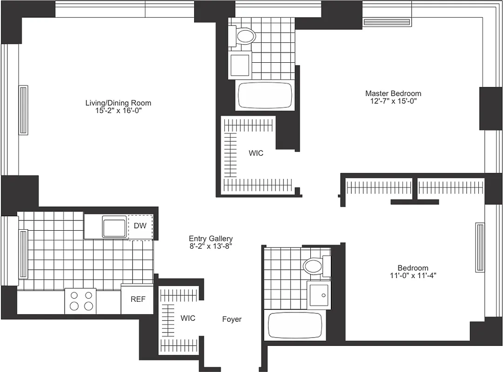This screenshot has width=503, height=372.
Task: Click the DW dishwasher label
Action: click(x=140, y=226)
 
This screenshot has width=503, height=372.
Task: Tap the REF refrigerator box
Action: click(x=137, y=299)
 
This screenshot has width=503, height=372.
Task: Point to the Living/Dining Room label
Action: click(x=118, y=103)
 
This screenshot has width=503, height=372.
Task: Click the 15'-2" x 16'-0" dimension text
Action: click(x=118, y=111)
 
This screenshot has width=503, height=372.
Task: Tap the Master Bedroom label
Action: click(x=393, y=93)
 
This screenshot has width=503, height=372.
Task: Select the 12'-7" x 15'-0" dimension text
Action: click(x=393, y=101)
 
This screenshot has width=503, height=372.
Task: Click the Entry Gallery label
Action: click(x=211, y=239)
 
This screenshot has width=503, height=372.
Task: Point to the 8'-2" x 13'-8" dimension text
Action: click(x=211, y=246)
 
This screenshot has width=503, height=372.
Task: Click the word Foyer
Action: click(x=232, y=319)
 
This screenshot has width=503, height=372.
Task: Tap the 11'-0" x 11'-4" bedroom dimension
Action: click(x=413, y=275)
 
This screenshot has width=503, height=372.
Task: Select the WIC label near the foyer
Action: click(x=188, y=319)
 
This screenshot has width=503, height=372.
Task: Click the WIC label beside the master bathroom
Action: click(x=256, y=153)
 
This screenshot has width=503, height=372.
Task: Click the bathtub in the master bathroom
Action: click(x=265, y=96)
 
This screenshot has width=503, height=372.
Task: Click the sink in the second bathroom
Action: click(x=319, y=295)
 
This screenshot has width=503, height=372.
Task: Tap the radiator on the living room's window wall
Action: click(x=23, y=110)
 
